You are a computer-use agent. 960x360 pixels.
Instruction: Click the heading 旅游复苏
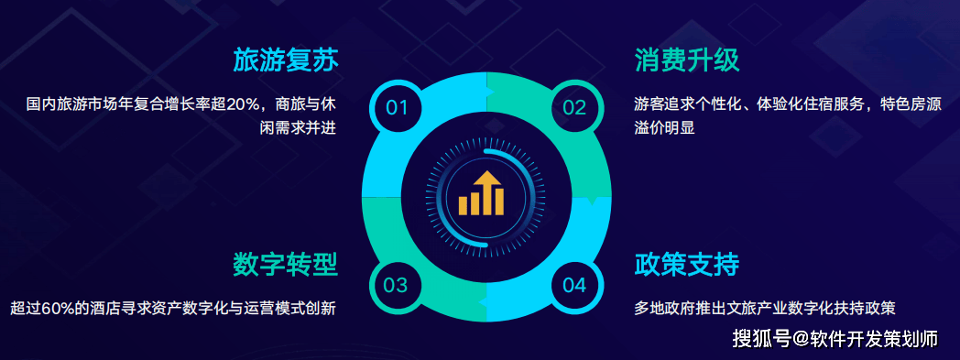click(285, 60)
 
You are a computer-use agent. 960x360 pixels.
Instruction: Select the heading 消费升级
click(687, 60)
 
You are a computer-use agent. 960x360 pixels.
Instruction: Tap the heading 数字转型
click(285, 265)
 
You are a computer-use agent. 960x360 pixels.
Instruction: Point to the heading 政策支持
click(687, 265)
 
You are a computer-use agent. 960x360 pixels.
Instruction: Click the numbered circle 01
click(396, 107)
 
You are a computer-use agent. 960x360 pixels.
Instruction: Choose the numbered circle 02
click(575, 107)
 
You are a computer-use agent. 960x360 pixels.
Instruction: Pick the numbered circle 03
click(396, 285)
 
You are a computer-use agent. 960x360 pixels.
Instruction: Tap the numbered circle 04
click(575, 285)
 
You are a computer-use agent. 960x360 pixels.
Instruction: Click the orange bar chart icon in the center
click(481, 193)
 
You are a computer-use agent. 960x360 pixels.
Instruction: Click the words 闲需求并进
click(298, 128)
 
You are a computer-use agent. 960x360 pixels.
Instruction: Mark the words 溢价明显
click(664, 128)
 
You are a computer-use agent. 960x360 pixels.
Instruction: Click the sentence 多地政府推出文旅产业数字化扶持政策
click(765, 308)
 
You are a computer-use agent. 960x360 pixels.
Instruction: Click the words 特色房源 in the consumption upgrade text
click(910, 104)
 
